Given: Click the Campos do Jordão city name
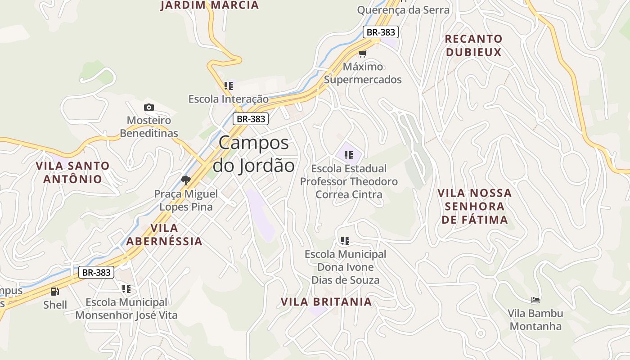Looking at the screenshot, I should (253, 154).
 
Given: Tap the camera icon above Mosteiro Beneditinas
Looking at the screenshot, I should (148, 107).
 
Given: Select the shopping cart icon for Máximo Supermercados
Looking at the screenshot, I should (362, 54).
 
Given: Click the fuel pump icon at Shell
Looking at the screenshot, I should (55, 292).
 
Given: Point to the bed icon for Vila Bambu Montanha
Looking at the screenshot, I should (535, 300).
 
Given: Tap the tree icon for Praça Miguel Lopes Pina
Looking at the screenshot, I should (185, 180).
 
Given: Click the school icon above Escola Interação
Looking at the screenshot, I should (228, 85).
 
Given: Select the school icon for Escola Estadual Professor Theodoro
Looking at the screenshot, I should (348, 155).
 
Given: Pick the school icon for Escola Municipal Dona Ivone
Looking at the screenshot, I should (345, 241).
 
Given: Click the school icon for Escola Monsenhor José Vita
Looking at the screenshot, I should (126, 288).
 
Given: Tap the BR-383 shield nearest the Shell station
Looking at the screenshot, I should (96, 272).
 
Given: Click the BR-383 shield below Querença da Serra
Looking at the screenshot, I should (381, 32).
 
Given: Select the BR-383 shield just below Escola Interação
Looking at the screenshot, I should (251, 119).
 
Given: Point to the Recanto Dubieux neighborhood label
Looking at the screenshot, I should (473, 45).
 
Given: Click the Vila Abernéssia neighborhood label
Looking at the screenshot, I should (164, 234).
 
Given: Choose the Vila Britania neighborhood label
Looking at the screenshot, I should (326, 301).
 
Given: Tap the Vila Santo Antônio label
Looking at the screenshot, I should (72, 172).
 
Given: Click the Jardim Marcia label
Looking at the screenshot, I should (210, 5).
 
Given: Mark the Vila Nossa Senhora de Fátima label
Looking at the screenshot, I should (475, 206).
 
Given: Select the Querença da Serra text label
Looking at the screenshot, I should (403, 10).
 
